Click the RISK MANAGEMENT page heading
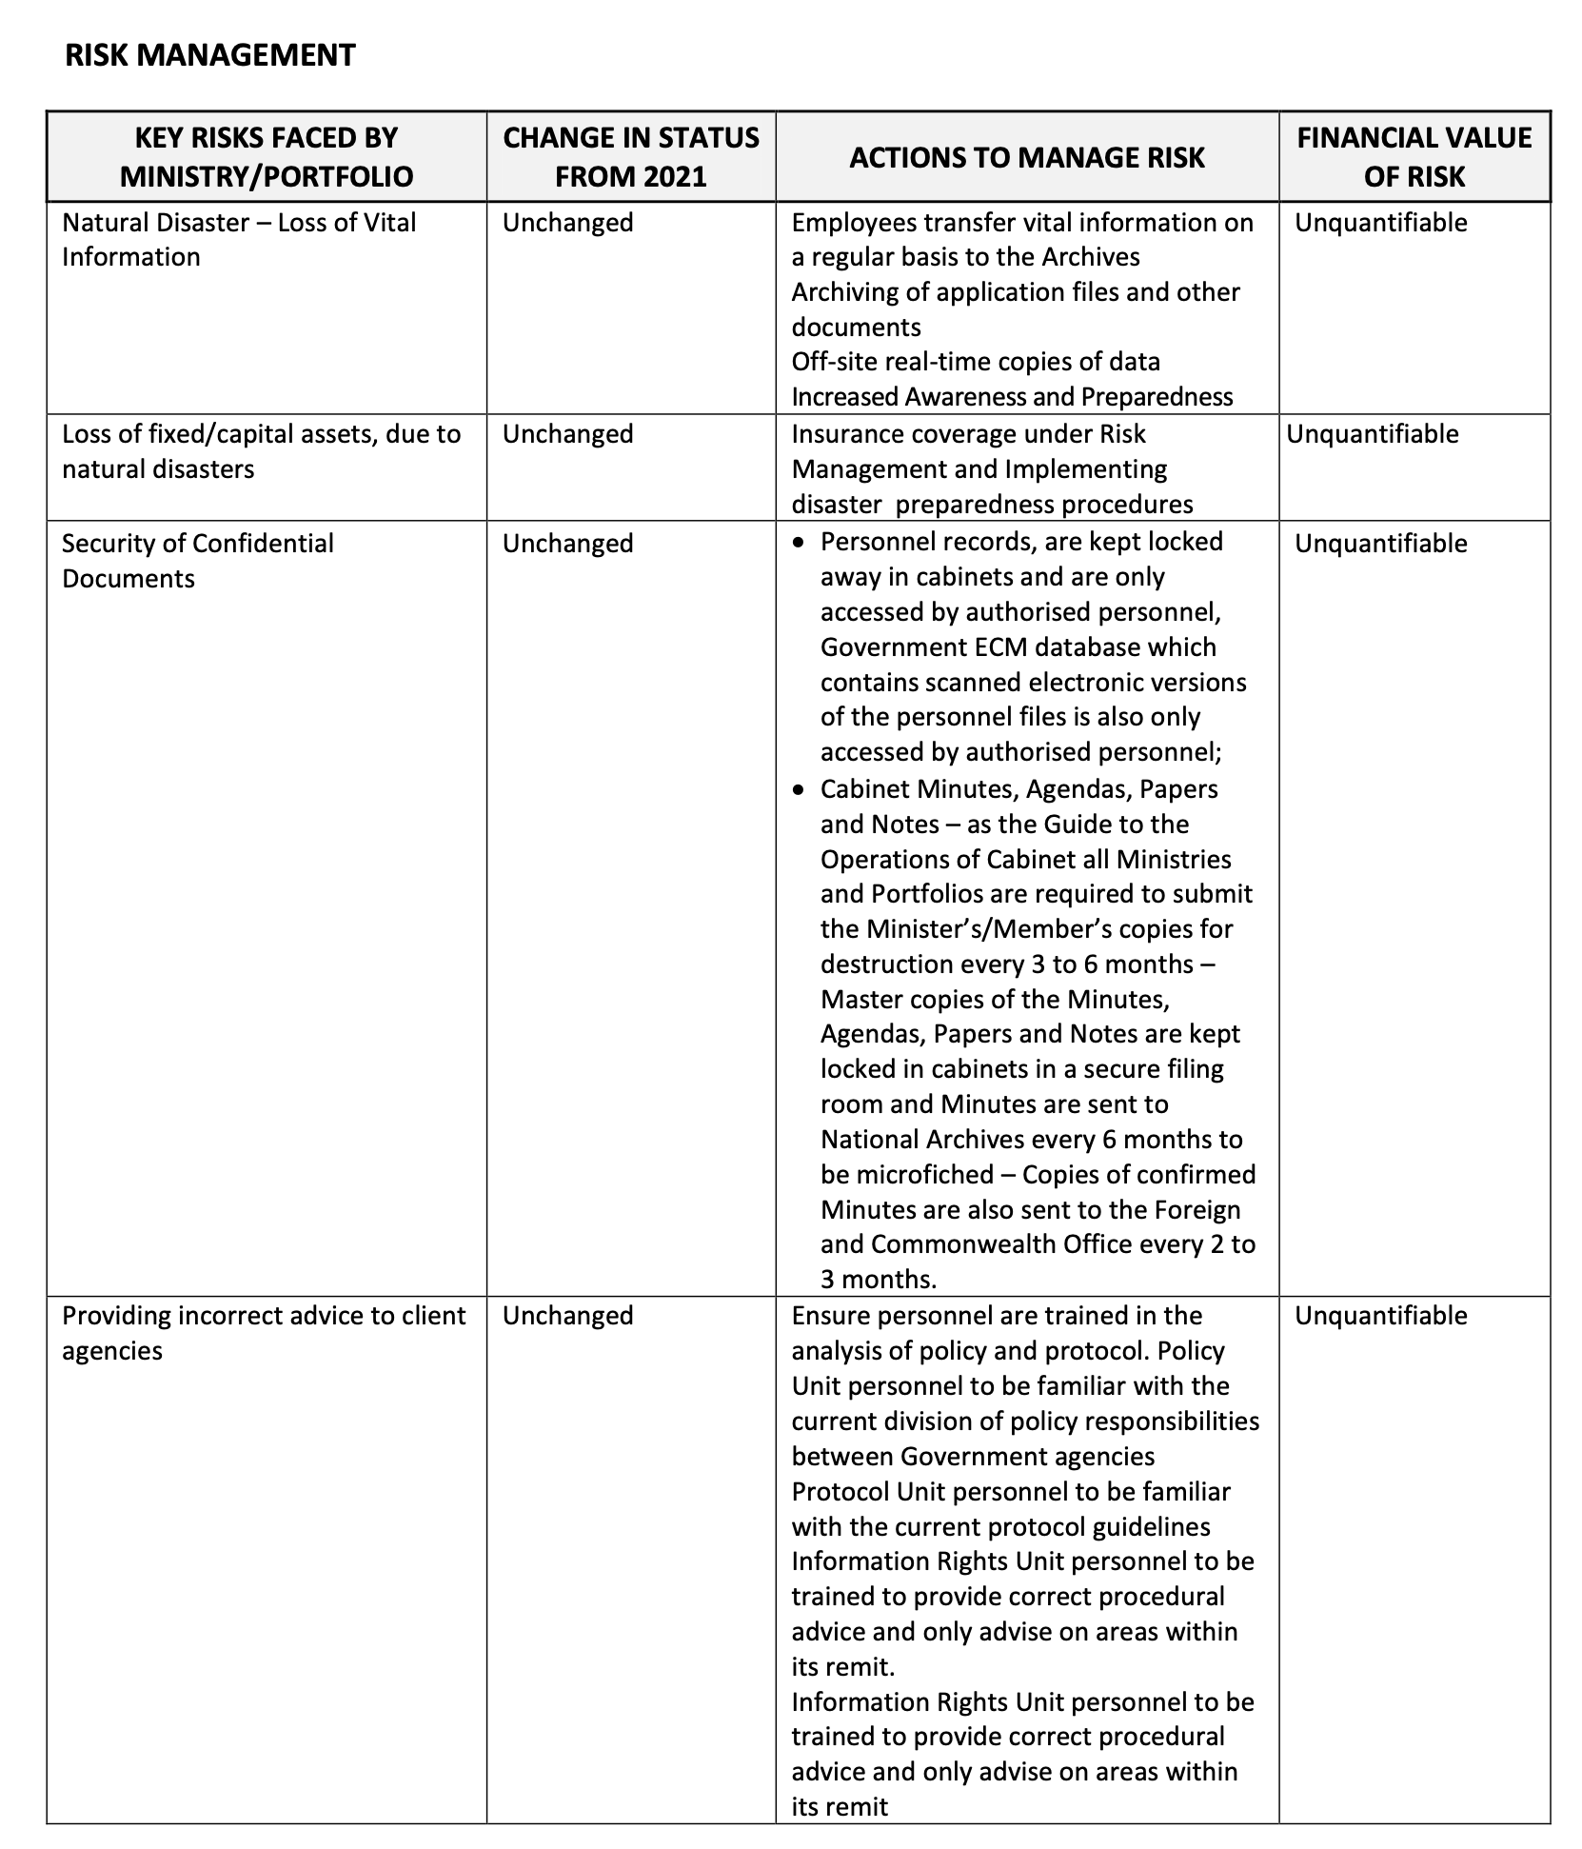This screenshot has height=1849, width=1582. [209, 55]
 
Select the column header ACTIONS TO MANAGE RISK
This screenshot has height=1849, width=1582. [1026, 157]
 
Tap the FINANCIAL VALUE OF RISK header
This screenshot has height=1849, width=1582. [1414, 157]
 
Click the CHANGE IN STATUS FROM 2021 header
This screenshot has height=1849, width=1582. [630, 157]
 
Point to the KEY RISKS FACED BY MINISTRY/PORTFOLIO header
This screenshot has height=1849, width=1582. [267, 157]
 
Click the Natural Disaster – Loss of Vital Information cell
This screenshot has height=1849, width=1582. [238, 240]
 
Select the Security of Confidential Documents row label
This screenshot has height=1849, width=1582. [197, 561]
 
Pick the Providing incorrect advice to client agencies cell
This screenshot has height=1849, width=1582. [263, 1333]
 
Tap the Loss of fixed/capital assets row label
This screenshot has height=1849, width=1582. [261, 451]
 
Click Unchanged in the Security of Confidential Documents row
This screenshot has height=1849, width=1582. [567, 544]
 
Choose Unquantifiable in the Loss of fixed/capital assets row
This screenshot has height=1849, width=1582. [1372, 434]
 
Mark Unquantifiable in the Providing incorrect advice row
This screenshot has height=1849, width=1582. [1380, 1316]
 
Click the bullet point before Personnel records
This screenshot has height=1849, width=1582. [800, 543]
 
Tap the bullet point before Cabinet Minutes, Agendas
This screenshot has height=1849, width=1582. [800, 790]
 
